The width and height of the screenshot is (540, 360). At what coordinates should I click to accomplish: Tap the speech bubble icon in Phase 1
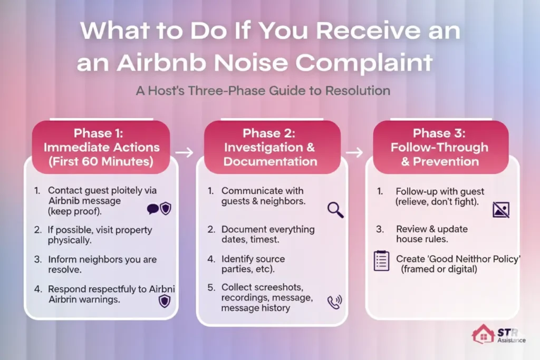click(x=153, y=209)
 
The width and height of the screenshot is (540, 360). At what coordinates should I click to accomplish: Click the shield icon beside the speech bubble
click(x=166, y=209)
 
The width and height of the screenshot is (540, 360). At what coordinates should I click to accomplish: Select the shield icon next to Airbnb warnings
click(x=164, y=300)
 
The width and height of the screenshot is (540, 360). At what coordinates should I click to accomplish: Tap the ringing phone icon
click(x=334, y=301)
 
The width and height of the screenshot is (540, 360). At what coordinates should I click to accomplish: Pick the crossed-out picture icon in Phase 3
click(x=500, y=210)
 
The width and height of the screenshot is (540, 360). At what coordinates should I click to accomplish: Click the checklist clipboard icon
click(x=381, y=261)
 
